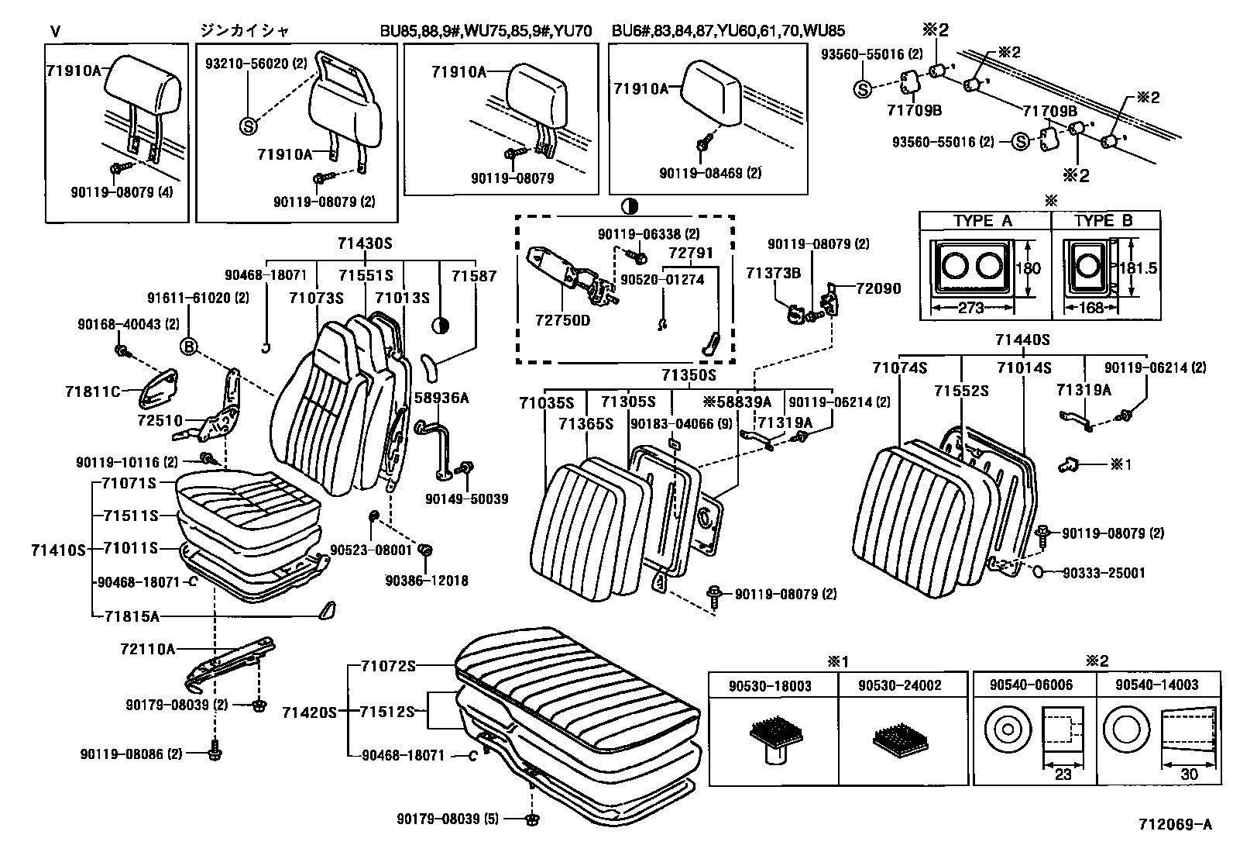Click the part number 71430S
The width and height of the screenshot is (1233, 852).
pos(365,243)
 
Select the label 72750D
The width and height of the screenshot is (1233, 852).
pos(562,319)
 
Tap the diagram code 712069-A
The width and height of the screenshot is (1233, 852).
pos(1174,824)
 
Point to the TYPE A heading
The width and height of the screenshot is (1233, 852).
pos(983,221)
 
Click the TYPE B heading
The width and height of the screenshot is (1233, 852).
pos(1103,221)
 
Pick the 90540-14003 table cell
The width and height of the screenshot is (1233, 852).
pos(1156,685)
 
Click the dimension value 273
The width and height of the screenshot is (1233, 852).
pos(970,309)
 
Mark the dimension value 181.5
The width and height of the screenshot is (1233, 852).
pos(1139,267)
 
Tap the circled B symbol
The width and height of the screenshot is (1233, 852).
pos(188,347)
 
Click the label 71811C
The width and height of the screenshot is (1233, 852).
pos(92,392)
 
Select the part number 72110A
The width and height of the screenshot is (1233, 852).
pos(149,648)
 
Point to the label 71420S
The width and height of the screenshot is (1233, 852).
pos(309,712)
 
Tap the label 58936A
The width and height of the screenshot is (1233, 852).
pos(443,398)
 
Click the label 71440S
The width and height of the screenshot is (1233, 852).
pos(1022,340)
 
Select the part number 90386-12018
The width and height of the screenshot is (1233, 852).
pos(427,581)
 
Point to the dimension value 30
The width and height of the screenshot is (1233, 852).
pos(1188,774)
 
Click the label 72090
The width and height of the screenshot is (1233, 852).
pos(878,288)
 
